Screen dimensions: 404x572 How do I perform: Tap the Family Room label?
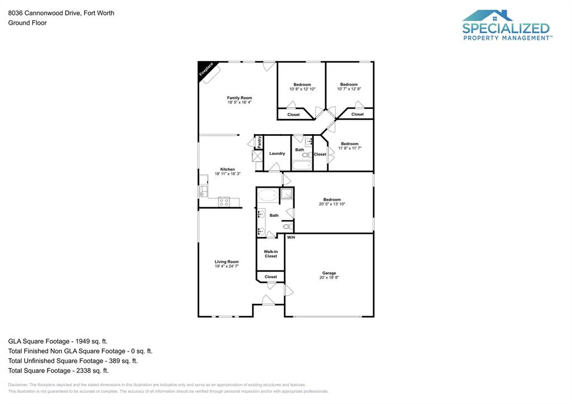tap(239, 98)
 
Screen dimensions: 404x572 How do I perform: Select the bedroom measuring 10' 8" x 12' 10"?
tap(302, 89)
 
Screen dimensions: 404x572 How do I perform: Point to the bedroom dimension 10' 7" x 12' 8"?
tap(349, 89)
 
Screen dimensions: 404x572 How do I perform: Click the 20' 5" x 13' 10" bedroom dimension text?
tap(332, 204)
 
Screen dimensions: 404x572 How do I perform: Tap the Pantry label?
tap(260, 142)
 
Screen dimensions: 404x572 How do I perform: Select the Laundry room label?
tap(277, 153)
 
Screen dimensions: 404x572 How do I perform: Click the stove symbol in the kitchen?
tap(224, 202)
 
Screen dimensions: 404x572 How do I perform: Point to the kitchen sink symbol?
tap(203, 192)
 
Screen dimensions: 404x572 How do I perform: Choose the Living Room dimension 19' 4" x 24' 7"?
tap(227, 266)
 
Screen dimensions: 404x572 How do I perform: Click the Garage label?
tap(329, 273)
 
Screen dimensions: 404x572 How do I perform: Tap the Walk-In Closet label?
tap(270, 254)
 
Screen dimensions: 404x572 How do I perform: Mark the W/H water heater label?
tap(290, 237)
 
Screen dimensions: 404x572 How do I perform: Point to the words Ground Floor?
tap(27, 23)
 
